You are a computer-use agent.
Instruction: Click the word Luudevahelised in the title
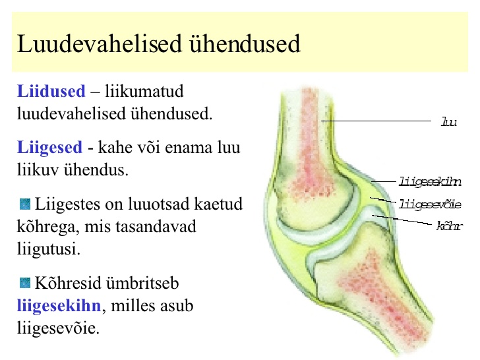tap(100, 44)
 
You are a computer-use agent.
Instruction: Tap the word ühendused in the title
tap(245, 44)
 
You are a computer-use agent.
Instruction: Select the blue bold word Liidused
tap(51, 91)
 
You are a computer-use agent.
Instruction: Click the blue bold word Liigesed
tap(49, 147)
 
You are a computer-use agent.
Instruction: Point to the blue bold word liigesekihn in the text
tap(59, 306)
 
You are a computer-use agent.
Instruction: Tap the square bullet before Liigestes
tap(25, 204)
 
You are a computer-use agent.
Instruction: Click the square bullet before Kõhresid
tap(25, 283)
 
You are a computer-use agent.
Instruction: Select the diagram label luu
tap(449, 122)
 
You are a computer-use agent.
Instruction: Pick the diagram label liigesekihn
tap(430, 181)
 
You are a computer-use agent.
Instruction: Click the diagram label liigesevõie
tap(430, 204)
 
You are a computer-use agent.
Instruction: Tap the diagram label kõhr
tap(450, 226)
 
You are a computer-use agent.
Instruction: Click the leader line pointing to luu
tap(376, 121)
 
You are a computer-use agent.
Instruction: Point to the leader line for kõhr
tap(402, 220)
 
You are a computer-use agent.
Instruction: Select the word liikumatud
tap(144, 91)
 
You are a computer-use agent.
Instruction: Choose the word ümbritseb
tap(141, 283)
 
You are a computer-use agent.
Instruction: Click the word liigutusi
tap(48, 249)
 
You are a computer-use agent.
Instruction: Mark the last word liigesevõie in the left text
tap(58, 328)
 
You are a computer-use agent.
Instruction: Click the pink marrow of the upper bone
tap(311, 144)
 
